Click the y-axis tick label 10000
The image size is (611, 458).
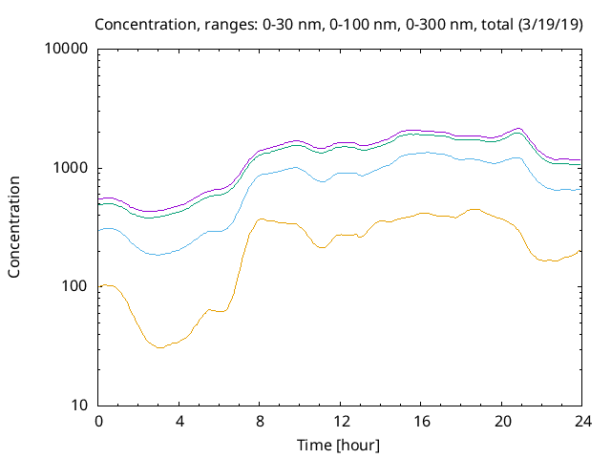pyautogui.click(x=67, y=50)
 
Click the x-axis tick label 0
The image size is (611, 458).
pyautogui.click(x=98, y=422)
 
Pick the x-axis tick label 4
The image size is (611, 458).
pyautogui.click(x=179, y=422)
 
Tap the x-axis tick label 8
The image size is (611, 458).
pyautogui.click(x=260, y=422)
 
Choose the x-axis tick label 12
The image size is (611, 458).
pyautogui.click(x=341, y=422)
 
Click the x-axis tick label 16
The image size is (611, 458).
pyautogui.click(x=421, y=422)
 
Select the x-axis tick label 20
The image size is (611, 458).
pyautogui.click(x=502, y=422)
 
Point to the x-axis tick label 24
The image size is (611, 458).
pyautogui.click(x=582, y=422)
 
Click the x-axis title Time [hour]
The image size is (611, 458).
pyautogui.click(x=340, y=445)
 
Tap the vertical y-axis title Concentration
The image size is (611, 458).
pyautogui.click(x=14, y=226)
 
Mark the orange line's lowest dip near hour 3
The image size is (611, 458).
pyautogui.click(x=159, y=348)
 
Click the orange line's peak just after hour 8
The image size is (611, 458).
pyautogui.click(x=261, y=219)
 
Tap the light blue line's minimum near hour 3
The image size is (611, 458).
pyautogui.click(x=158, y=255)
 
